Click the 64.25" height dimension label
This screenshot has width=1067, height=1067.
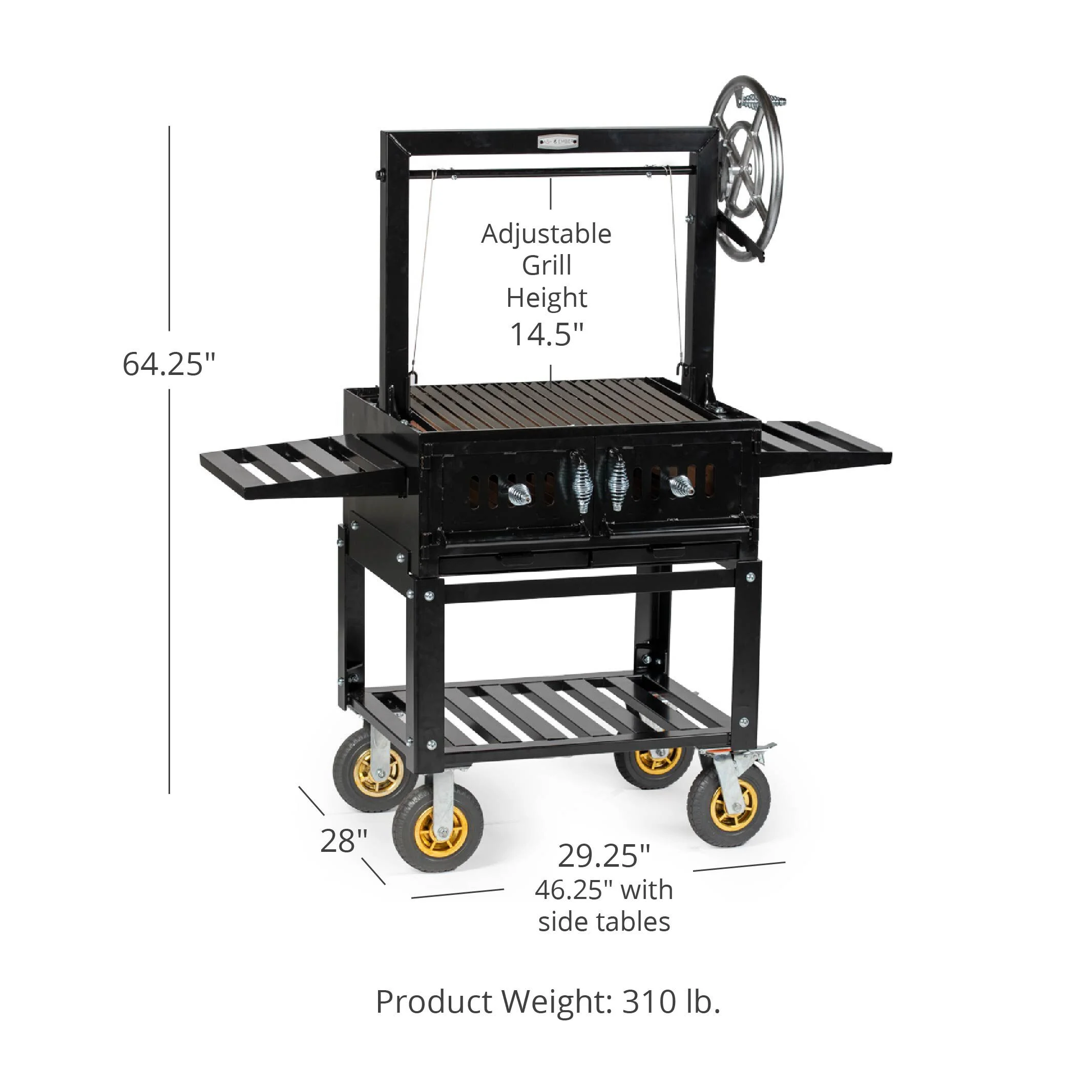click(169, 365)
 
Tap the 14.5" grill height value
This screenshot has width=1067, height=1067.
click(546, 334)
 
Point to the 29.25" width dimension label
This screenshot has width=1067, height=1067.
click(603, 855)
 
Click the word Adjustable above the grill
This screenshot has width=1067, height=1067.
click(546, 234)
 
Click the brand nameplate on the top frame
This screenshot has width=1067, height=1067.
click(559, 142)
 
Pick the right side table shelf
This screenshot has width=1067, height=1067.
click(823, 445)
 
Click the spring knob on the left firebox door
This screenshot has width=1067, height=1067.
click(518, 493)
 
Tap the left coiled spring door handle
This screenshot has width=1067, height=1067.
click(581, 482)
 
